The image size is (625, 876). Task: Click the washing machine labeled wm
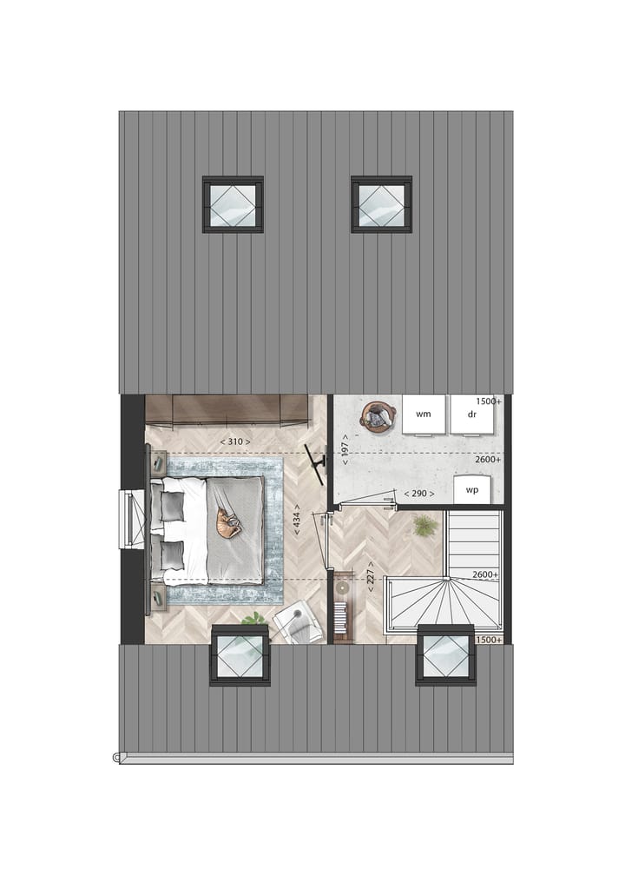tap(423, 415)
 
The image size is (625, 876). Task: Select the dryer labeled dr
tap(472, 415)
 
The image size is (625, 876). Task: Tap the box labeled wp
tap(472, 489)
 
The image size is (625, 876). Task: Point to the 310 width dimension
tap(235, 442)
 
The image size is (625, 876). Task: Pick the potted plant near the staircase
tap(424, 525)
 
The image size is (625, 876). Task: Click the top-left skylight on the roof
tap(233, 204)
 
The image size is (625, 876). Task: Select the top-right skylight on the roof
tap(381, 204)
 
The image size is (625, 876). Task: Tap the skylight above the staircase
tap(445, 654)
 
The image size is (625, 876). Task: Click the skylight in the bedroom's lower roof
tap(239, 654)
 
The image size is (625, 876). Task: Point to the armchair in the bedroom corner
tap(297, 622)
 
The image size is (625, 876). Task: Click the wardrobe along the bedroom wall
tap(227, 410)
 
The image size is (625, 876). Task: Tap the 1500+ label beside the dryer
tap(488, 401)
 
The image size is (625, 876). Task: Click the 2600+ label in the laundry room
tap(488, 459)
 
